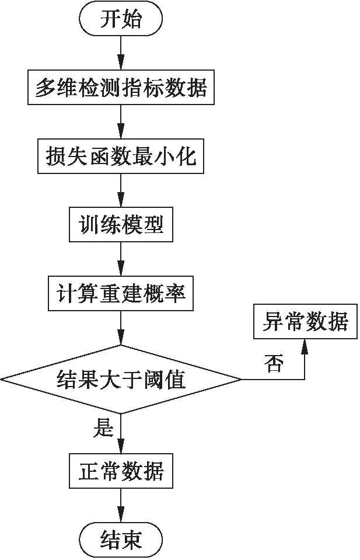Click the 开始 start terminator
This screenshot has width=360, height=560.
point(121,20)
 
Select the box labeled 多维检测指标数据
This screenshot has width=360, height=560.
point(121,88)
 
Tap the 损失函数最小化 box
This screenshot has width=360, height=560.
point(121,156)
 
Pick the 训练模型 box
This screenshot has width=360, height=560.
point(121,224)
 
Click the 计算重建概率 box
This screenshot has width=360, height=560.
point(121,293)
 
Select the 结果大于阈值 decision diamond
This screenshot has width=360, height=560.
point(121,380)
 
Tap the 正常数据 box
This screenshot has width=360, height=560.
point(121,470)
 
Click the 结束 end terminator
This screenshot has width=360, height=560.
point(121,538)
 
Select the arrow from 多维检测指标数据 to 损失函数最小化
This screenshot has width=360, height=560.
point(121,122)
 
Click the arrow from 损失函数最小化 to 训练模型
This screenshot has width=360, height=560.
point(121,190)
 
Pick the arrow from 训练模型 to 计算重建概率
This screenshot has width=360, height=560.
point(121,259)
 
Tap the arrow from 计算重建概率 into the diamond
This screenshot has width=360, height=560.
point(121,327)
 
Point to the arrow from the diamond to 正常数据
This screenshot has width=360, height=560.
point(121,433)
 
